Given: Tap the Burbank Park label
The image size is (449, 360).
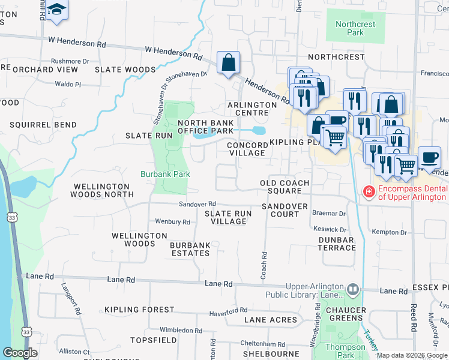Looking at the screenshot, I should coord(165,175).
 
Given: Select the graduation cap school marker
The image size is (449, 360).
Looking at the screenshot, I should coord(57,10).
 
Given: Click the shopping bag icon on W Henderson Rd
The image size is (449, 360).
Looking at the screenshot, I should coord(228,62).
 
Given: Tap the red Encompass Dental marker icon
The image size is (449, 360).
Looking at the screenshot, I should coord(369,192).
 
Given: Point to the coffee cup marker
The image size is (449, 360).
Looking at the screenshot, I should coord(429,157).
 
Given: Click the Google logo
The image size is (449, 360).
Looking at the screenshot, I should coord(20,353).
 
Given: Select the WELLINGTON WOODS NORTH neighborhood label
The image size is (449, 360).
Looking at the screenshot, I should coord(101,191).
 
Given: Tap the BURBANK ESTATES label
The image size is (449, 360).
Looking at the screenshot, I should coord(190,249).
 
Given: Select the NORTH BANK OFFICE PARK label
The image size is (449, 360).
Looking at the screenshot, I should coord(205,127).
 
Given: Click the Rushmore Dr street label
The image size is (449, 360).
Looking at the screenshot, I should coord(70,61).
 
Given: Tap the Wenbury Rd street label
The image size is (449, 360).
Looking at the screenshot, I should coord(172,222).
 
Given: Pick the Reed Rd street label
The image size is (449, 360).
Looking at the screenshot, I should coord(414,318).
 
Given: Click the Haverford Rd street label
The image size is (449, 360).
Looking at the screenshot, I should coord(228,313).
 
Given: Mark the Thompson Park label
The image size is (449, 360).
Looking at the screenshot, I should coord(345,351).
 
